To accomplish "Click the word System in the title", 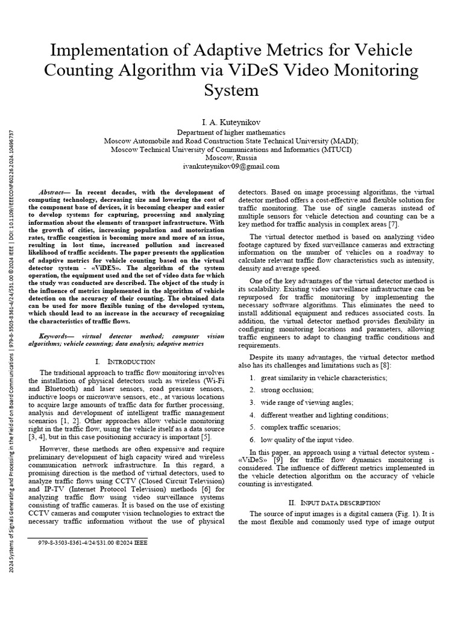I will (x=231, y=91).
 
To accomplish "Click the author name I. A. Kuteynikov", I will (x=231, y=122).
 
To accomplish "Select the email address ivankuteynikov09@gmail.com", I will (x=231, y=166).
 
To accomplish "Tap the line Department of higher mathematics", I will (x=231, y=132).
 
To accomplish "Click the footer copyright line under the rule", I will (x=92, y=542).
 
